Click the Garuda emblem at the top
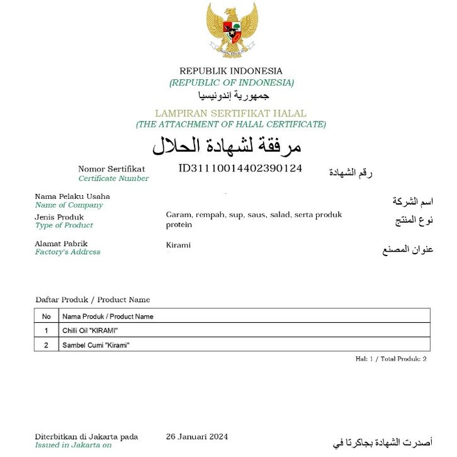point(232,30)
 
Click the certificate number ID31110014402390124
point(240,169)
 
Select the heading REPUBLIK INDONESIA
point(231,71)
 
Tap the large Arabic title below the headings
point(227,146)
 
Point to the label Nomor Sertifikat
point(111,169)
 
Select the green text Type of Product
point(64,225)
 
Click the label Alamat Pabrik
point(61,244)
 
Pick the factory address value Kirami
point(178,245)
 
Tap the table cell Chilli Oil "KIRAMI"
point(90,330)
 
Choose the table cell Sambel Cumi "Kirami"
point(96,345)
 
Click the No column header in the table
point(46,316)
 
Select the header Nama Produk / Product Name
point(108,316)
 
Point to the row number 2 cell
point(46,345)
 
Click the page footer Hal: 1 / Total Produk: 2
point(391,359)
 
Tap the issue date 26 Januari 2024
point(197,437)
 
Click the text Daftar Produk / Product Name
point(93,300)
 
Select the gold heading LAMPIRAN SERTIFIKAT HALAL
point(231,114)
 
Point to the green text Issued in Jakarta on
point(73,445)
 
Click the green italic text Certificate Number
point(114,178)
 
